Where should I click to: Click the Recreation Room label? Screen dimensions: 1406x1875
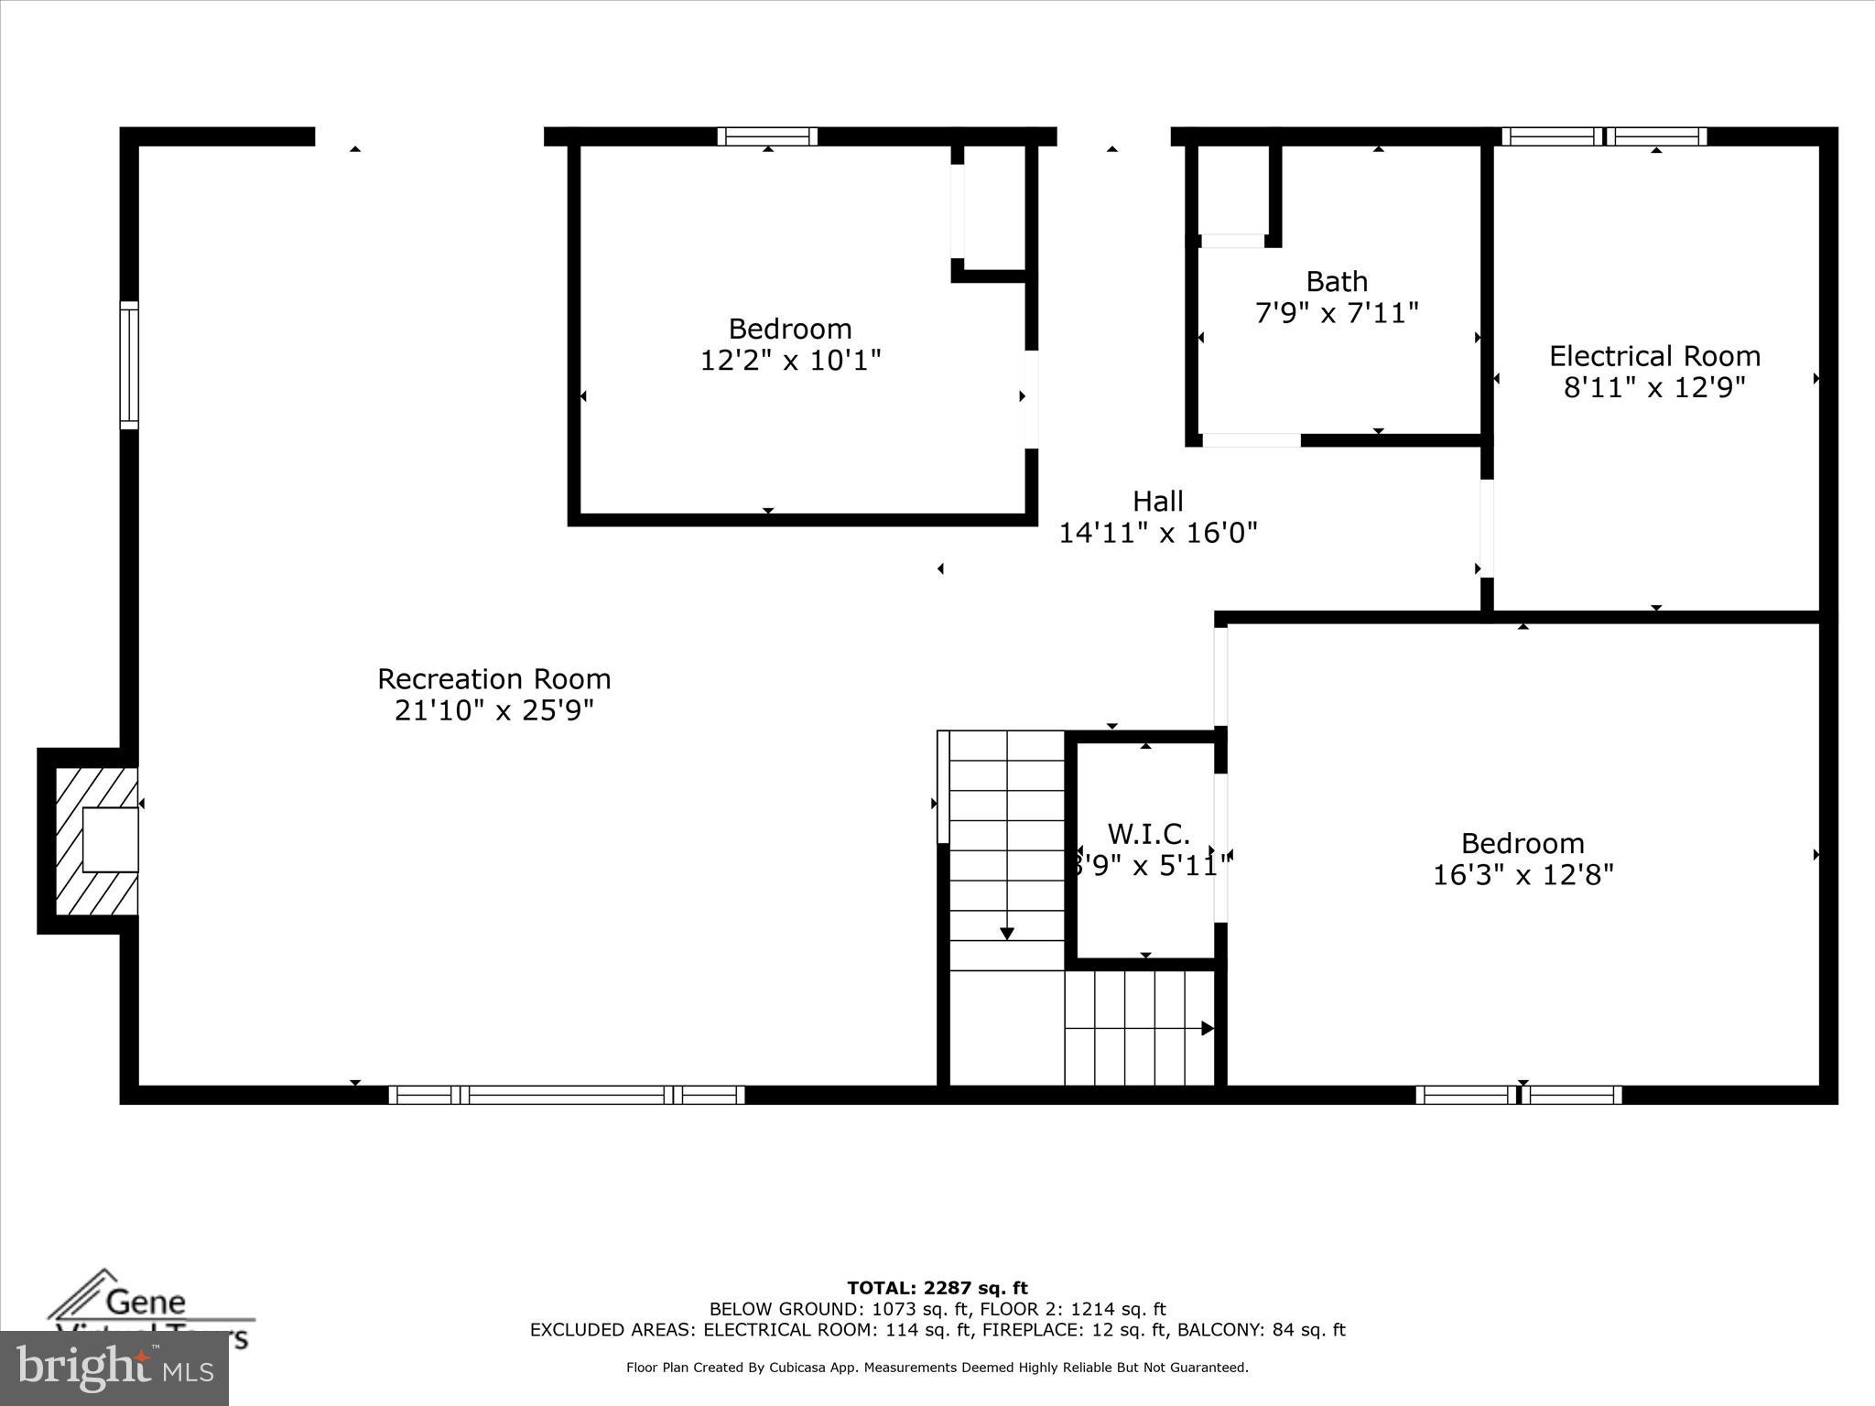[x=493, y=678]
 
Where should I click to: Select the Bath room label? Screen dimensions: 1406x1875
[x=1337, y=281]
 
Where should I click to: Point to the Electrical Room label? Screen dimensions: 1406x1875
[x=1654, y=356]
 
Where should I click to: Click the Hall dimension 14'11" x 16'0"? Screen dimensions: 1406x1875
[x=1158, y=533]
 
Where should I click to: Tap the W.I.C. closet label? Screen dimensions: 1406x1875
[x=1148, y=834]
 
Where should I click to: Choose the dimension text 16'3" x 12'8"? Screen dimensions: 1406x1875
[x=1523, y=875]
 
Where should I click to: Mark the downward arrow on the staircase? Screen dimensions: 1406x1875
[x=1007, y=933]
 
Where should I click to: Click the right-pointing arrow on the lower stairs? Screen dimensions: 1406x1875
[x=1207, y=1029]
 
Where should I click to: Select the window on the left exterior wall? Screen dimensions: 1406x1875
[x=129, y=365]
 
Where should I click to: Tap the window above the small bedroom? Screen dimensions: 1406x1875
[x=767, y=136]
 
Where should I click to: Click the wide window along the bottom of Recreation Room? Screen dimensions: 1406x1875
[x=567, y=1095]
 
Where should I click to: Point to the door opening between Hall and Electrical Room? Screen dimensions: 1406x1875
[x=1487, y=528]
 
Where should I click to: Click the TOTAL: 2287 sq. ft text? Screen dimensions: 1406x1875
[x=937, y=1289]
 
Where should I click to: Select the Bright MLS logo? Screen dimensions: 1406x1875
[x=114, y=1368]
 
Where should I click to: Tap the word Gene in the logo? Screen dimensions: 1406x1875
[x=146, y=1301]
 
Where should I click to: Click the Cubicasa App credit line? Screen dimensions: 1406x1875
[x=937, y=1368]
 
